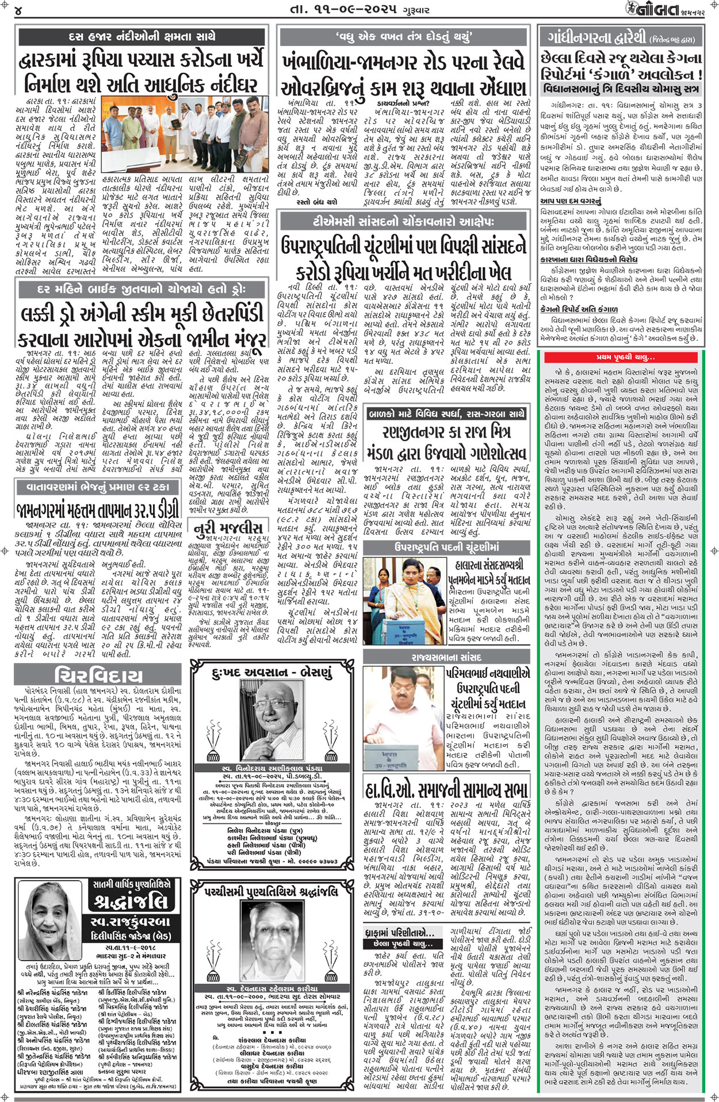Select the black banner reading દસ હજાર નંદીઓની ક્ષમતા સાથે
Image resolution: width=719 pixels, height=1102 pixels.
click(x=141, y=37)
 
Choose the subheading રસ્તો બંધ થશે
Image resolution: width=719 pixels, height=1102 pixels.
click(x=316, y=202)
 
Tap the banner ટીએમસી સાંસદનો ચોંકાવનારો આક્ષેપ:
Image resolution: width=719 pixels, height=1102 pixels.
click(x=403, y=222)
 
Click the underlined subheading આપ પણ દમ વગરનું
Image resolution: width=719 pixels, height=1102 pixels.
click(x=571, y=201)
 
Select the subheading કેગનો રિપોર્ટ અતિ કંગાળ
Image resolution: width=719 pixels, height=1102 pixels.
click(x=579, y=309)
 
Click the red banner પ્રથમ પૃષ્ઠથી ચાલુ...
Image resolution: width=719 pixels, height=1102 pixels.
click(x=621, y=357)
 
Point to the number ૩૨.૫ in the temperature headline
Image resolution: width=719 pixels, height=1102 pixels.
click(x=136, y=511)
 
